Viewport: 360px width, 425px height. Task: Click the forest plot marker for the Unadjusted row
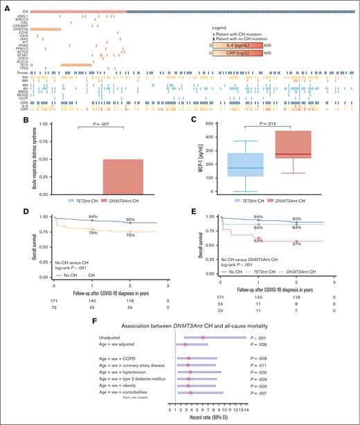[203, 338]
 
